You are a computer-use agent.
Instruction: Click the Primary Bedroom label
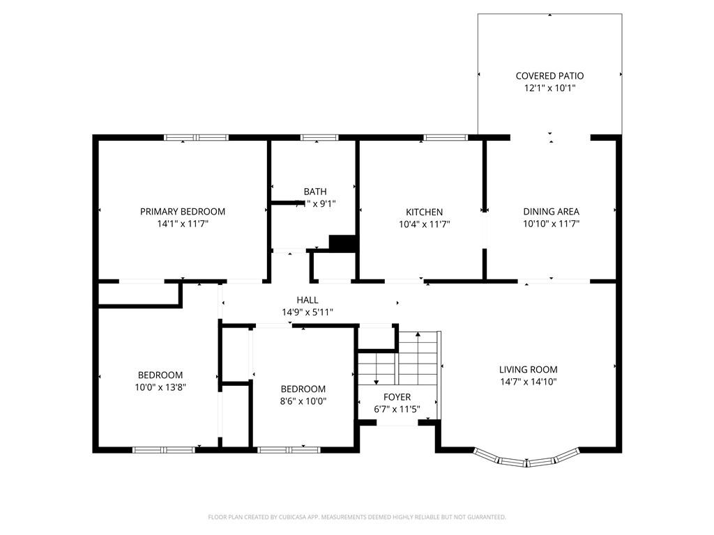[x=183, y=212]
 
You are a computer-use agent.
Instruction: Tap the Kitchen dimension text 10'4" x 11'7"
[x=424, y=224]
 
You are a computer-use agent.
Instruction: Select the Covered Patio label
[x=549, y=76]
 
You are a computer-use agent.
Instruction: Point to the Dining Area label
[x=551, y=212]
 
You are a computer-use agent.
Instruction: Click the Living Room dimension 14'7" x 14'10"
[x=528, y=382]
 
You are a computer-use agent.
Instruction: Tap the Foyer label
[x=397, y=397]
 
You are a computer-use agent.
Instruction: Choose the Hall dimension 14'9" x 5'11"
[x=307, y=313]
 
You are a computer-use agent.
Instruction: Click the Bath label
[x=314, y=192]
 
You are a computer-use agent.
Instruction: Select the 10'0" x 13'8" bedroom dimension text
[x=160, y=387]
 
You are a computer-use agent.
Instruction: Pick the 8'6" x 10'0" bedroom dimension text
[x=303, y=401]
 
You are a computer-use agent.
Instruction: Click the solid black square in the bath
[x=342, y=243]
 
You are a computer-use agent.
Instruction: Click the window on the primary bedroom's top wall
[x=196, y=137]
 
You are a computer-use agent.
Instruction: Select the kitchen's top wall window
[x=446, y=137]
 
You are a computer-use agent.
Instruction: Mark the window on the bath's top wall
[x=319, y=137]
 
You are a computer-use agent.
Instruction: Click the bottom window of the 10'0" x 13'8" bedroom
[x=164, y=450]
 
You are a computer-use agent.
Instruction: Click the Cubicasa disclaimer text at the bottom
[x=357, y=517]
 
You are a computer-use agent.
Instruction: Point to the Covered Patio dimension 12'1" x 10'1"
[x=549, y=88]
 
